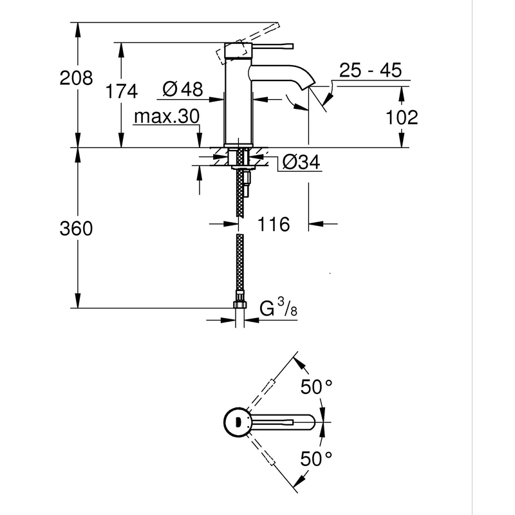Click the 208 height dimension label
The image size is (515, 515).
(x=76, y=79)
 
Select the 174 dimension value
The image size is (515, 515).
(x=122, y=92)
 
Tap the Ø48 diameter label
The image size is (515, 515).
(x=183, y=89)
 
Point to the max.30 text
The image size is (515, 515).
(x=167, y=117)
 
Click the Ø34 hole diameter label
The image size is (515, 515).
(x=301, y=163)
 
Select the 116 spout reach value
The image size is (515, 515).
(x=274, y=224)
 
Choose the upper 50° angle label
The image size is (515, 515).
(x=317, y=388)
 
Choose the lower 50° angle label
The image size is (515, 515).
(x=317, y=458)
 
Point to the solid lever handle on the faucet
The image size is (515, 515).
(x=270, y=46)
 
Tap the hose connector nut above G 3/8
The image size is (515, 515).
(x=240, y=301)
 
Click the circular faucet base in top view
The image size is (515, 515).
(x=238, y=422)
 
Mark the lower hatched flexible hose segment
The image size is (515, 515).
(x=240, y=264)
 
